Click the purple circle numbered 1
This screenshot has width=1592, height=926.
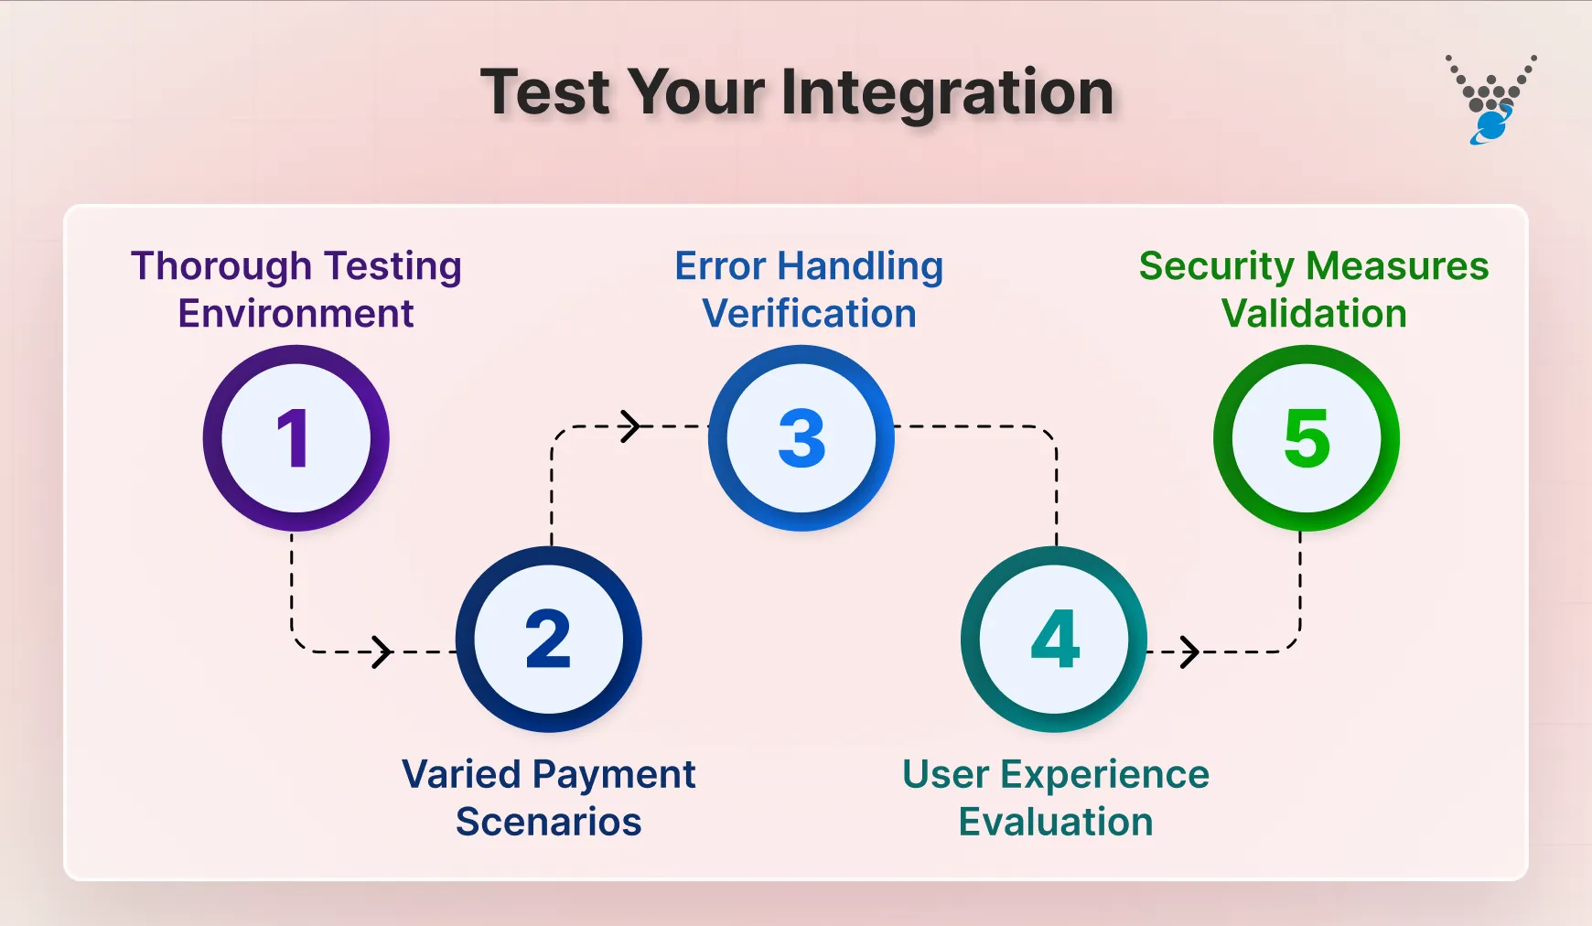296,437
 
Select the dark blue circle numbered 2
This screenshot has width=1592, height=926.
548,639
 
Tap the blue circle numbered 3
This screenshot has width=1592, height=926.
801,437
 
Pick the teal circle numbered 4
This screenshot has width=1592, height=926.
1054,639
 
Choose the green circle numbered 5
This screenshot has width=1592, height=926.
1306,437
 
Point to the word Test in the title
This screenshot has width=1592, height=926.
544,92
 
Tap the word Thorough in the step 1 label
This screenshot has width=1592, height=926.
221,266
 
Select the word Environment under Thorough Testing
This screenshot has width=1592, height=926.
296,314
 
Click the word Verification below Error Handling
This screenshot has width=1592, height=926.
809,314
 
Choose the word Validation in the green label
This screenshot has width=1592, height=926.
1314,314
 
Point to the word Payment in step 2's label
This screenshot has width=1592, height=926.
615,775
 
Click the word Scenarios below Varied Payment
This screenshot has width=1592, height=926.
548,822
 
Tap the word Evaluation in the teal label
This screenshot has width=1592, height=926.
1055,822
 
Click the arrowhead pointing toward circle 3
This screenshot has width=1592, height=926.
630,426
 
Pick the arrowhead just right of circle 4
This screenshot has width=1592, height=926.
1189,651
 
